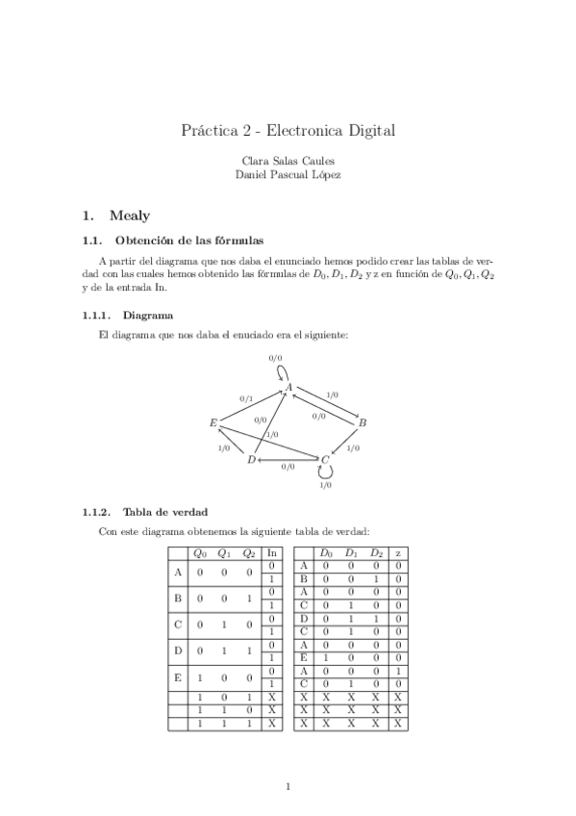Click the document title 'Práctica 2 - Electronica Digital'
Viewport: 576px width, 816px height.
tap(288, 130)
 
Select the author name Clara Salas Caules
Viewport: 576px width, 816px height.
tap(288, 161)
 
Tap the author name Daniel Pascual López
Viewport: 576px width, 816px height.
tap(288, 175)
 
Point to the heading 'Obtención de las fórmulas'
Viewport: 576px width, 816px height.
tap(188, 240)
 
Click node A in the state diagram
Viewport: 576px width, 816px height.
tap(288, 387)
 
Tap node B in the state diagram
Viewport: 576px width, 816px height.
tap(363, 422)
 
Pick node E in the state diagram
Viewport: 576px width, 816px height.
tap(213, 422)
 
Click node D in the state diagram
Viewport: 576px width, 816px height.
tap(251, 460)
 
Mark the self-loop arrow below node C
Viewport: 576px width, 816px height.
tap(325, 473)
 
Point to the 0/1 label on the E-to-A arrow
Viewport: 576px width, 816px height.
tap(246, 397)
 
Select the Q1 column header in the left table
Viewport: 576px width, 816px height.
tap(224, 552)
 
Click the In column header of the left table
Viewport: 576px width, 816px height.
tap(272, 552)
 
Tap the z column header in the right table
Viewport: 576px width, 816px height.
tap(398, 552)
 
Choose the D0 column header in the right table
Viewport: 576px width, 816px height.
tap(326, 552)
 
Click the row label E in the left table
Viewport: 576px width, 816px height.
tap(177, 676)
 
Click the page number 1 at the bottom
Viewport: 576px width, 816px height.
tap(288, 786)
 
